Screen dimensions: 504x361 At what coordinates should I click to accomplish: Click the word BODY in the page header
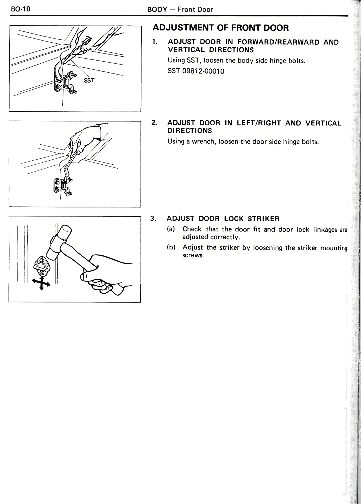pyautogui.click(x=157, y=9)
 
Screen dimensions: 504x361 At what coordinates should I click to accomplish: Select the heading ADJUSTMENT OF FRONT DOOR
pyautogui.click(x=221, y=28)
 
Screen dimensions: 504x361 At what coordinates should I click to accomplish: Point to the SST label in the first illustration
pyautogui.click(x=89, y=80)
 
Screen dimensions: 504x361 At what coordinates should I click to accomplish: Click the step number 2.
pyautogui.click(x=154, y=123)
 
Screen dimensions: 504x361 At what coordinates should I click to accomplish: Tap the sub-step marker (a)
pyautogui.click(x=171, y=229)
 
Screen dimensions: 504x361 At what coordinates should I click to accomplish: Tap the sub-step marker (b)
pyautogui.click(x=171, y=247)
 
